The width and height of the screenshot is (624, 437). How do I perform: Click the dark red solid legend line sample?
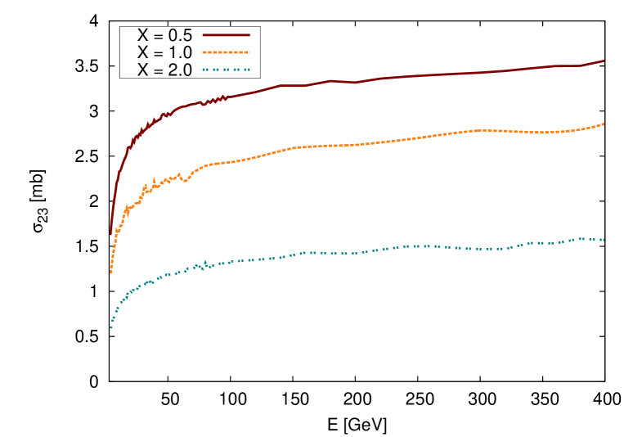(226, 35)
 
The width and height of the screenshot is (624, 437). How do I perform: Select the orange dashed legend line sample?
(226, 52)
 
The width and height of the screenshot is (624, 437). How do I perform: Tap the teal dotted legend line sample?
(226, 70)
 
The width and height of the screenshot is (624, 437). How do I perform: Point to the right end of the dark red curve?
(604, 61)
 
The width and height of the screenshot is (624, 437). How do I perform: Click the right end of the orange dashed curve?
(604, 124)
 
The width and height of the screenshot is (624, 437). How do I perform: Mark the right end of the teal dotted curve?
(603, 240)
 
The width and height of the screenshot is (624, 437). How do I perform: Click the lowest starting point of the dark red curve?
(111, 234)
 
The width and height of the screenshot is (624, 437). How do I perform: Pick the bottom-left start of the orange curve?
(111, 272)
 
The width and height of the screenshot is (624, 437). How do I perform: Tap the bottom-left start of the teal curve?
(111, 328)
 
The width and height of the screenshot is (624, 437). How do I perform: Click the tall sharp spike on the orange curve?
(154, 178)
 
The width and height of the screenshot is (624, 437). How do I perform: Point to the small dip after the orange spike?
(186, 181)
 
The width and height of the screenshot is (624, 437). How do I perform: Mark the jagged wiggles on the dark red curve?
(214, 100)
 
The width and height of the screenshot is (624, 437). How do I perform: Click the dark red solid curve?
(409, 76)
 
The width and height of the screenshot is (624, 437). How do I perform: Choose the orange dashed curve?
(409, 138)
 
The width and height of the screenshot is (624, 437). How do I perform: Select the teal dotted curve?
(409, 246)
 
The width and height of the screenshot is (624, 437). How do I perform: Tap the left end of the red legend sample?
(204, 35)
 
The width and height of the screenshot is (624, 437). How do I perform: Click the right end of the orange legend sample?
(249, 52)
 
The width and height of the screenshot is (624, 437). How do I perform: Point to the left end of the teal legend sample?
(204, 70)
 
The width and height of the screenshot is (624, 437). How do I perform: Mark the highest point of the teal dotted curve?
(582, 238)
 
